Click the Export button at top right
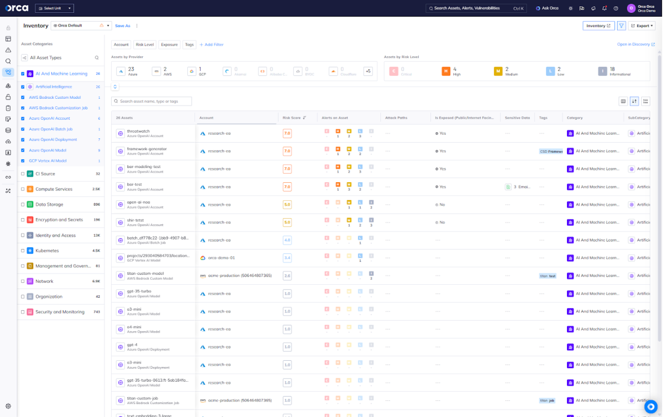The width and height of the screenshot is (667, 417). pos(642,26)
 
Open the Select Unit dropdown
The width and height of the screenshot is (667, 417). pos(54,8)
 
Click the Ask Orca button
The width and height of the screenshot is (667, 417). pos(547,8)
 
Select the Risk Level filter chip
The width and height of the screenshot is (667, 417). pos(145,44)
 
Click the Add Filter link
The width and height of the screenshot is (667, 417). pos(211,44)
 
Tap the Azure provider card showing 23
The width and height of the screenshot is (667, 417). pos(128,71)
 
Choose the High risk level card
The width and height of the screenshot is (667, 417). pos(450,71)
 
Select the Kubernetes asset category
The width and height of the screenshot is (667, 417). pos(48,250)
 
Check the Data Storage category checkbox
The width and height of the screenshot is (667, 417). pos(23,204)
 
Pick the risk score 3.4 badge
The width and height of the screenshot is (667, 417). pos(287,258)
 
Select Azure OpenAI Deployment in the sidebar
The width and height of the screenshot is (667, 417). pos(52,140)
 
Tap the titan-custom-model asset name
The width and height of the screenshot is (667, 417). pos(145,273)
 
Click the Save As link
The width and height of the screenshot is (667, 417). pos(122,26)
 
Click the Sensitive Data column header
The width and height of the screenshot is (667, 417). pos(517,117)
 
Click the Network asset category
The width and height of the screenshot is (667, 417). pos(44,281)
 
